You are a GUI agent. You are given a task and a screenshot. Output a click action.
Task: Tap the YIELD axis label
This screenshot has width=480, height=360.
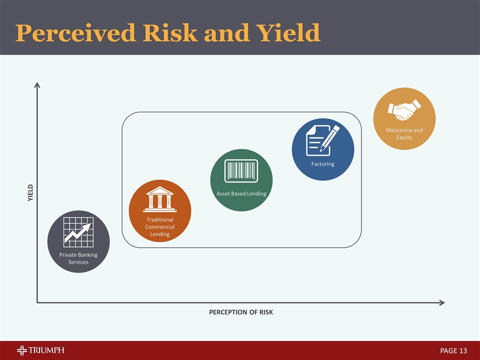(30, 193)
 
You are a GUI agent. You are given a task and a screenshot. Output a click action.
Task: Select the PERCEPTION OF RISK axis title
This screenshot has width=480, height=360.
(241, 312)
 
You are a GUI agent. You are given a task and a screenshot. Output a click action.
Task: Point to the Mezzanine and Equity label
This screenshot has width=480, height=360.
(404, 133)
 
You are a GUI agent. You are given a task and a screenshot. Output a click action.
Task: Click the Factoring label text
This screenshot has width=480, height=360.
(322, 164)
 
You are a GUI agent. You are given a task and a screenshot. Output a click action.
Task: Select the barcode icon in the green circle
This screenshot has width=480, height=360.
(241, 171)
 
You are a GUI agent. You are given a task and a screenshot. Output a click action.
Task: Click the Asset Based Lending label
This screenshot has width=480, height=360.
(241, 193)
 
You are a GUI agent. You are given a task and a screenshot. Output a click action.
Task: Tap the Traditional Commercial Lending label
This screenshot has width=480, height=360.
(160, 227)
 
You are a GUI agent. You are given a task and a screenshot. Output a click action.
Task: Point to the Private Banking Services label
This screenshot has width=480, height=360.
(78, 258)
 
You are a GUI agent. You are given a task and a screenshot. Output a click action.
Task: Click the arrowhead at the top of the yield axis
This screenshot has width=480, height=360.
(37, 85)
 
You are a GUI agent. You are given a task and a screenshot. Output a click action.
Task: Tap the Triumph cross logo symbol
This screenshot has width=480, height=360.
(23, 350)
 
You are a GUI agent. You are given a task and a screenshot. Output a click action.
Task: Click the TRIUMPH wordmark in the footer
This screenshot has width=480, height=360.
(48, 350)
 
